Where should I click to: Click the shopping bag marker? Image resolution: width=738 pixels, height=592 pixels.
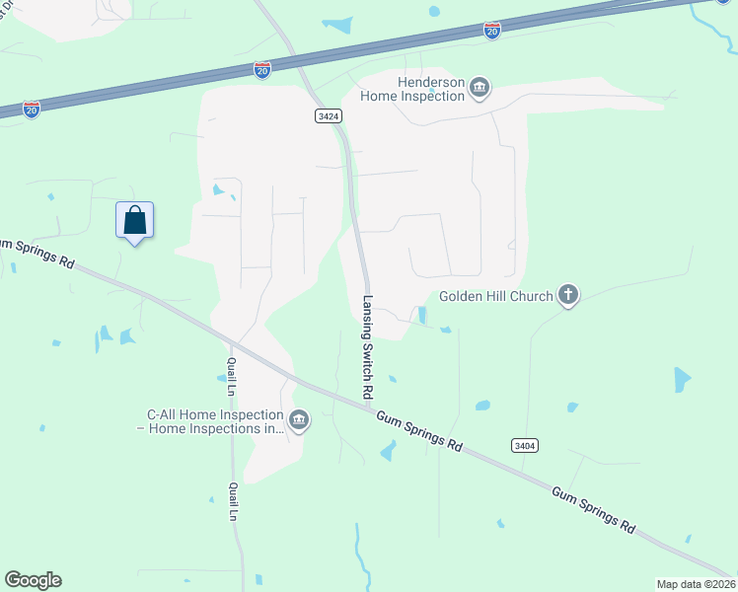point(135,220)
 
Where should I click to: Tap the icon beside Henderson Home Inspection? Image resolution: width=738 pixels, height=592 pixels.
point(480,89)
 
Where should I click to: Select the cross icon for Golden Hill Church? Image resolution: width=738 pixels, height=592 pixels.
point(567,294)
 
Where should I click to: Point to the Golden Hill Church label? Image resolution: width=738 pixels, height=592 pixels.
point(494,295)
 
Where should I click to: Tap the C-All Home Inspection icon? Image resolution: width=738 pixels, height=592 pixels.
point(300,421)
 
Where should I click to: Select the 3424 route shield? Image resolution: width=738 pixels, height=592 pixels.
point(329,115)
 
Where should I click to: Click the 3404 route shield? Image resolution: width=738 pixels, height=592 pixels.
point(525,446)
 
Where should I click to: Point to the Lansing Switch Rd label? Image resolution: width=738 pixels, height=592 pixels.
point(368,347)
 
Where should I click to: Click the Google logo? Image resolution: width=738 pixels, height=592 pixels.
point(33,580)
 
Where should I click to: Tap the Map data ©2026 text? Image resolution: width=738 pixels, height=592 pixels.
point(695,584)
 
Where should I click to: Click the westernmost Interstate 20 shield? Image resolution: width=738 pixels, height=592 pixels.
point(33,108)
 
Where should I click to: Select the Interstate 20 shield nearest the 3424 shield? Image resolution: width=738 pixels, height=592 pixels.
point(261,71)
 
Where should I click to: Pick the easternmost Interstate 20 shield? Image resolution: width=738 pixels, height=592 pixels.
point(492,31)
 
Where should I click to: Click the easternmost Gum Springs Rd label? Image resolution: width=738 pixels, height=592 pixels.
point(592,508)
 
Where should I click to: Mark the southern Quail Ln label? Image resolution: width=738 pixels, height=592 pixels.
point(234,501)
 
